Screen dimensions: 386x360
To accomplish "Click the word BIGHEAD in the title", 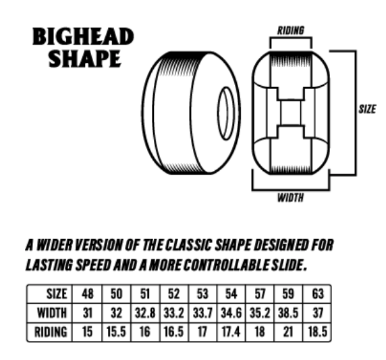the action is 83,36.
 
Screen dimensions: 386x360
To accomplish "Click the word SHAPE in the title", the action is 84,58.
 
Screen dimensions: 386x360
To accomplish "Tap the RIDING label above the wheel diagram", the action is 291,30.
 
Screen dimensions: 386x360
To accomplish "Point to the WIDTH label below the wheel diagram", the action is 290,198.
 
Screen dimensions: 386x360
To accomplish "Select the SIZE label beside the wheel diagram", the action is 367,109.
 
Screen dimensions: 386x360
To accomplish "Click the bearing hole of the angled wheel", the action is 226,113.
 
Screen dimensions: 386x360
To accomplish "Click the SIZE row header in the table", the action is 57,294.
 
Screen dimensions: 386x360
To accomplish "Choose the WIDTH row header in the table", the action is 52,313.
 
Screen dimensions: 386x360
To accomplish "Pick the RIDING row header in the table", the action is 51,332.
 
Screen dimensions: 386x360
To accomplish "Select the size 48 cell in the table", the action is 88,294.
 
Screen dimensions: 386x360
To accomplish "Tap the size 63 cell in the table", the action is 318,294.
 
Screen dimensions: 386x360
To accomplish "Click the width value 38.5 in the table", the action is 288,313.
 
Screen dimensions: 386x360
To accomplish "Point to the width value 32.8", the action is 145,313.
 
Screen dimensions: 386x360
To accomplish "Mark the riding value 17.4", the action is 231,332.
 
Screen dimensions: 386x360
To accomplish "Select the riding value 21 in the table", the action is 288,332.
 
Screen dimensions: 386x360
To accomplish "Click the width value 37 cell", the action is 318,313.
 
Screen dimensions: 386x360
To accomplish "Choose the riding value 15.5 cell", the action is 116,332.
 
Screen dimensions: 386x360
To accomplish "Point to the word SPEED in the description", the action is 93,265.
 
